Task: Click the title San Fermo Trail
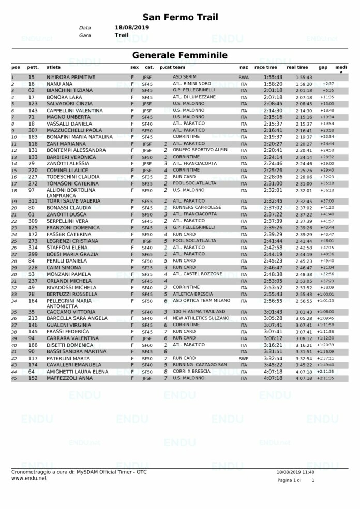[x=180, y=17]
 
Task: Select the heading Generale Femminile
[x=179, y=55]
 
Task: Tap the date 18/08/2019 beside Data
[x=131, y=27]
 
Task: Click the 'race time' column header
[x=265, y=67]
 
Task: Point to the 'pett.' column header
[x=33, y=67]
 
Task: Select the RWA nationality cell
[x=244, y=77]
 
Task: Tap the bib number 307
[x=33, y=131]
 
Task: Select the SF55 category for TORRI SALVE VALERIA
[x=147, y=201]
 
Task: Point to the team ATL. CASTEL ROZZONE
[x=198, y=274]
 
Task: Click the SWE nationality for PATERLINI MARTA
[x=244, y=358]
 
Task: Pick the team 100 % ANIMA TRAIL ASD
[x=199, y=312]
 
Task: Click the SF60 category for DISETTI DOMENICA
[x=147, y=345]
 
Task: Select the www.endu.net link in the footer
[x=29, y=478]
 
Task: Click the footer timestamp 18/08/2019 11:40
[x=295, y=471]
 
